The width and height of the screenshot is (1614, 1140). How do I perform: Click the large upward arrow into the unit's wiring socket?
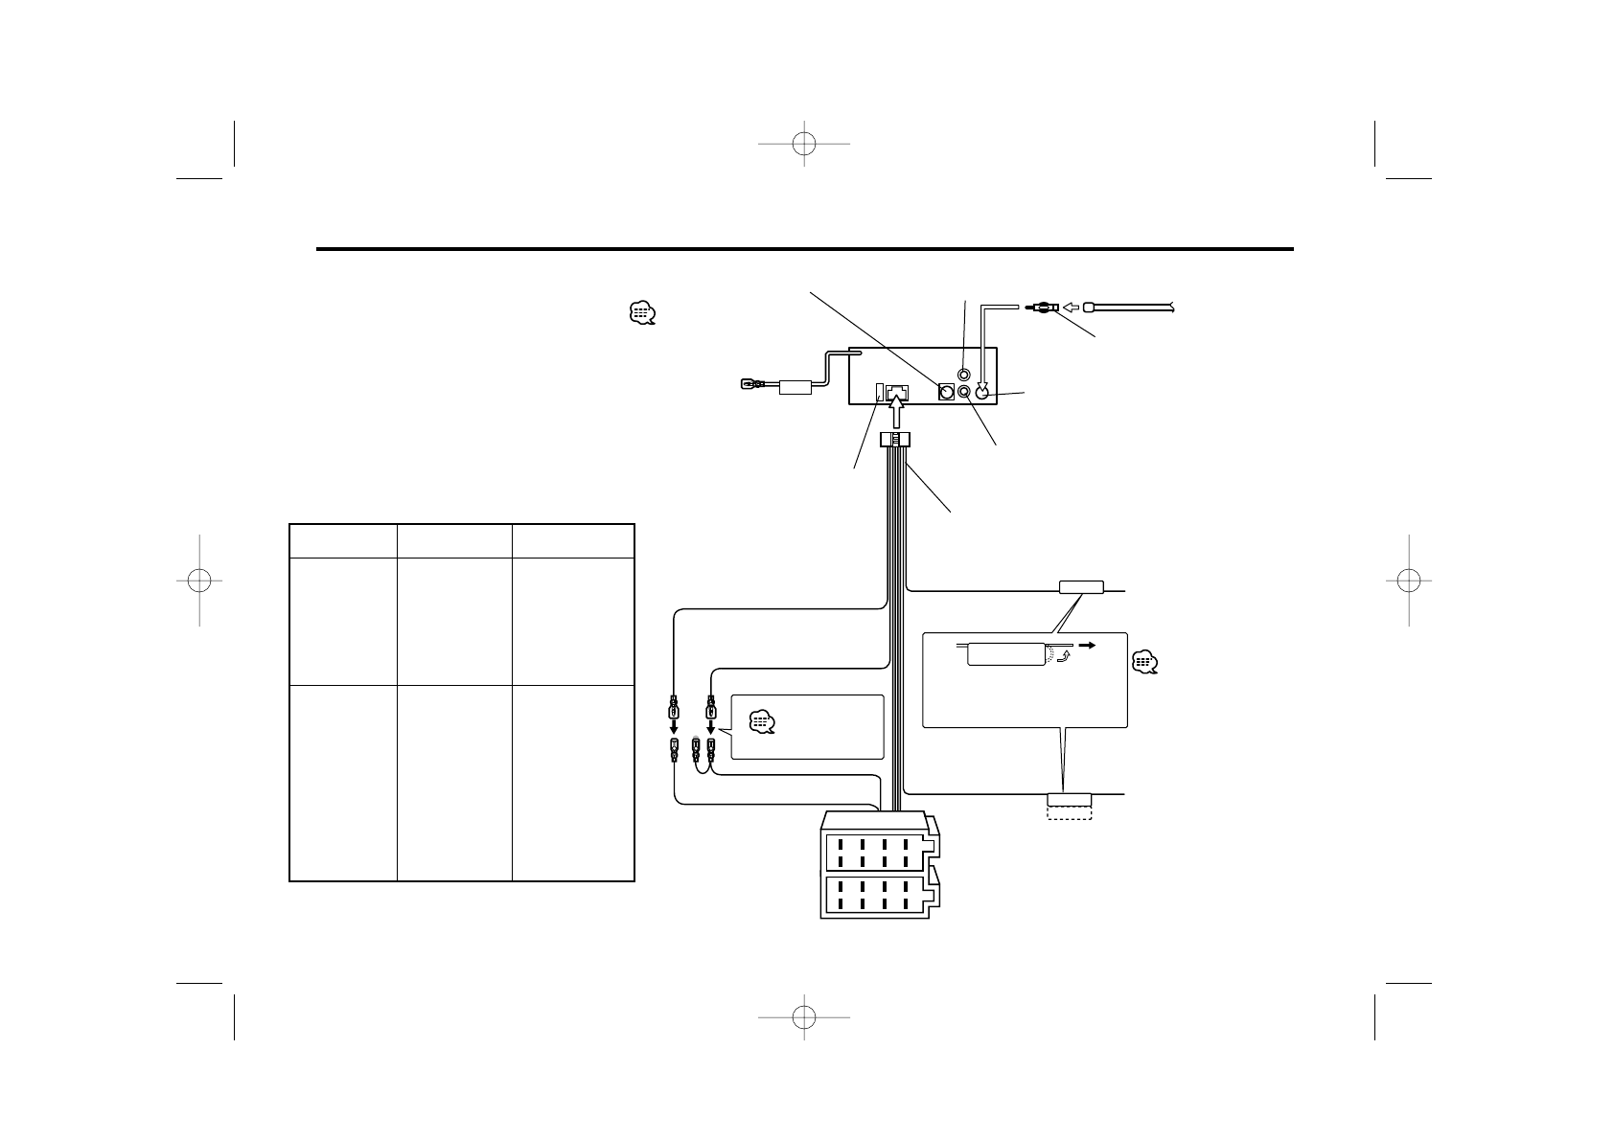pyautogui.click(x=896, y=415)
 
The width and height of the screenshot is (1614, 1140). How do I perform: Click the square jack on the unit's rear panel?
pyautogui.click(x=946, y=392)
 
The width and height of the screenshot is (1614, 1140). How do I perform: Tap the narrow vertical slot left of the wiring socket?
pyautogui.click(x=880, y=392)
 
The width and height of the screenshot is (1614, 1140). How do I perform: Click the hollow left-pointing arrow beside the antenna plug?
pyautogui.click(x=1072, y=308)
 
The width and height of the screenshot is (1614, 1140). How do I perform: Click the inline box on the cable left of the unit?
pyautogui.click(x=795, y=387)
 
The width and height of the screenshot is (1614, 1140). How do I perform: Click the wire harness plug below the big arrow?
pyautogui.click(x=894, y=440)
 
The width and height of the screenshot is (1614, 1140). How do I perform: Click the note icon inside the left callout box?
pyautogui.click(x=762, y=722)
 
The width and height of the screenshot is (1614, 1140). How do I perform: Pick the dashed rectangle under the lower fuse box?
pyautogui.click(x=1069, y=812)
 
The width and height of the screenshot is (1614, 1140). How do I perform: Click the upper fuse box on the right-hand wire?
pyautogui.click(x=1081, y=587)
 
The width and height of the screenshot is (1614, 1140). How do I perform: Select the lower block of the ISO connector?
pyautogui.click(x=878, y=895)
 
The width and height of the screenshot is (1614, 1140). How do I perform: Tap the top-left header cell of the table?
pyautogui.click(x=343, y=540)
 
